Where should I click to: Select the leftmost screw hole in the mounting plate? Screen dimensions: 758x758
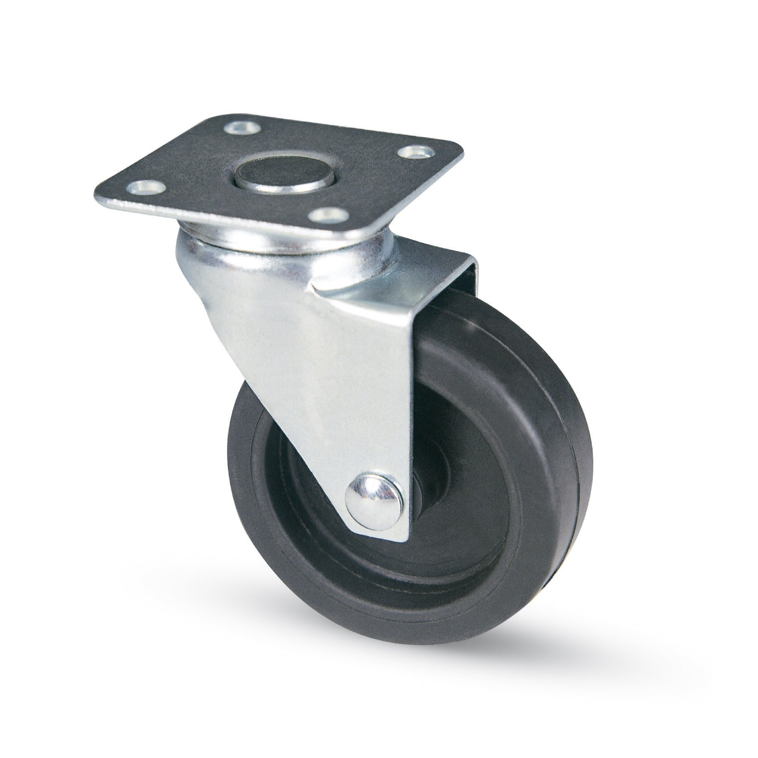pyautogui.click(x=146, y=186)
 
